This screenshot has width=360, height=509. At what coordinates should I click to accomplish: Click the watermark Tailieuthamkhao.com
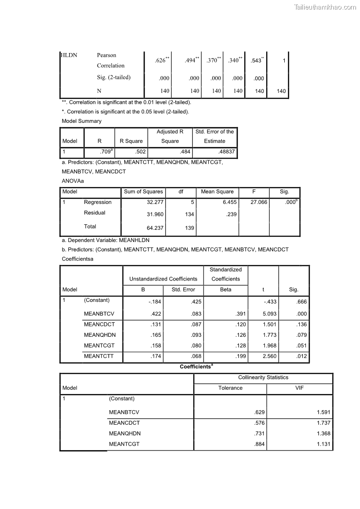325,7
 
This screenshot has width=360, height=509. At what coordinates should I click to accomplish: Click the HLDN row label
69,55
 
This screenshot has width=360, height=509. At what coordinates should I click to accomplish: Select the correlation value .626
161,61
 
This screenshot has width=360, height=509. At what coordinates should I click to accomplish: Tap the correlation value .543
256,61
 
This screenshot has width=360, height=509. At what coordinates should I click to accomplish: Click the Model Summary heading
82,121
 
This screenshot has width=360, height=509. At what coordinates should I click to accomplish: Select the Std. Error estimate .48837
226,152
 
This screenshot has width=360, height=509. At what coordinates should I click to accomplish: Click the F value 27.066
258,203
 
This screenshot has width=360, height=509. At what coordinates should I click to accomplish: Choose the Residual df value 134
190,214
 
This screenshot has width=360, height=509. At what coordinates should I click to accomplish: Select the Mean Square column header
217,192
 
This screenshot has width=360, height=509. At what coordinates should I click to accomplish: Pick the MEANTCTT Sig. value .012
301,357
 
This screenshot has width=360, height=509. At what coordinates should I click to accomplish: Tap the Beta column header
225,289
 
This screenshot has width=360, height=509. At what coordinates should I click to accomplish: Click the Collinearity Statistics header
263,378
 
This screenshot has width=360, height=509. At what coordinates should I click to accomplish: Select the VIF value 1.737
323,423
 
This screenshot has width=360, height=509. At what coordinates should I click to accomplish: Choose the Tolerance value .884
259,444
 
